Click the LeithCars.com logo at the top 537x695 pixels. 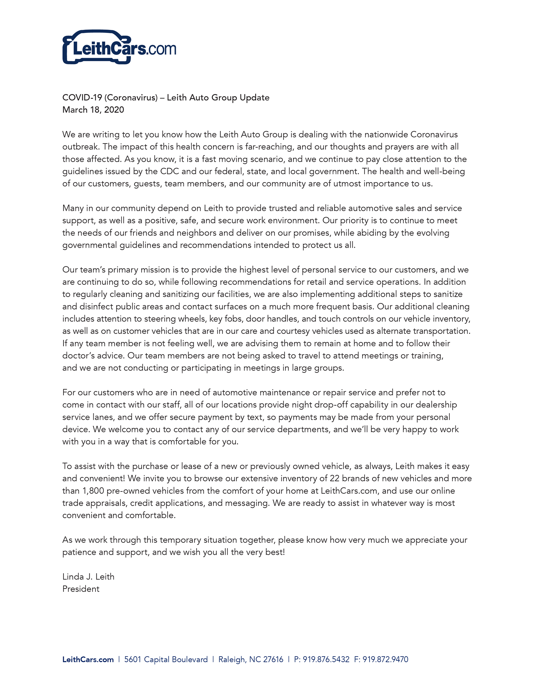(119, 48)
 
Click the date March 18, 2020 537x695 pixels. (93, 110)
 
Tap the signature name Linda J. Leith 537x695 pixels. (88, 577)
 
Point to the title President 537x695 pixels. (81, 589)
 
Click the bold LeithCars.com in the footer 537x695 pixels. (88, 659)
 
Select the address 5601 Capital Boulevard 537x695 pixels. (166, 659)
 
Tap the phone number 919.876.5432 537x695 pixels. (326, 659)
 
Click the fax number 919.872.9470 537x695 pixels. (385, 659)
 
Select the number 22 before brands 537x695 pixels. (334, 478)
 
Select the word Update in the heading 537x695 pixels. (254, 98)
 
